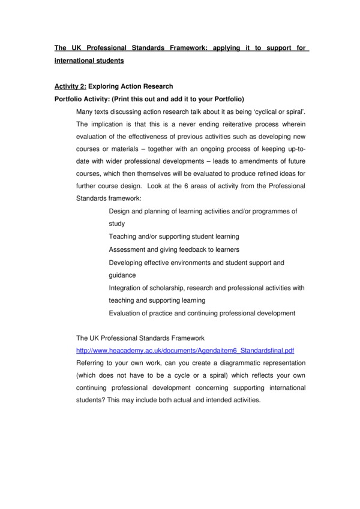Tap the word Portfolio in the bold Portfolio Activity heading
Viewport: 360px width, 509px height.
click(x=71, y=99)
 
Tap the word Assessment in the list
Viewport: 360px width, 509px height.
click(x=127, y=249)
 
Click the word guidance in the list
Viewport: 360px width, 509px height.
click(x=122, y=275)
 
